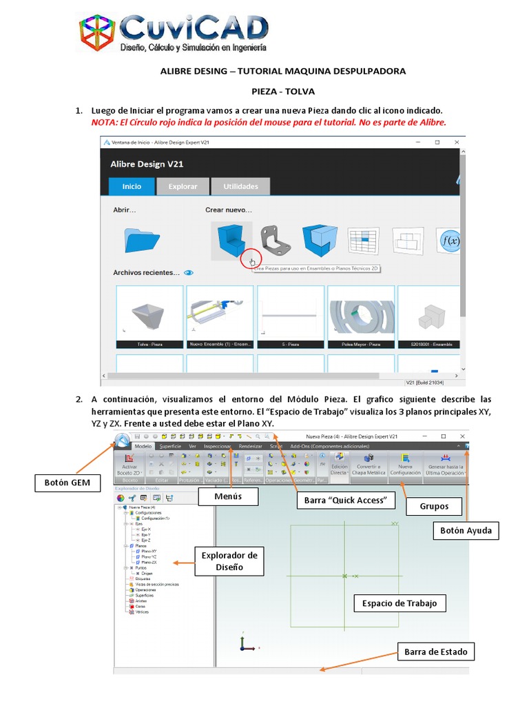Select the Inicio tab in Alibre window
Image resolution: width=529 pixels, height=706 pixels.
click(x=132, y=186)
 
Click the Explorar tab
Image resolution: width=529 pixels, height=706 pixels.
click(x=183, y=186)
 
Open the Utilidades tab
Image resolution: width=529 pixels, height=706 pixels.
click(x=240, y=186)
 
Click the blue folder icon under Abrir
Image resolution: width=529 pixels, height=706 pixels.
click(x=142, y=239)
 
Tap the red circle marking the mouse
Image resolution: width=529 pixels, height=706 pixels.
click(x=251, y=261)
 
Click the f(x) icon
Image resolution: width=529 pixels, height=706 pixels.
click(x=451, y=241)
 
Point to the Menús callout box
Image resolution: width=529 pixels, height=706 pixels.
click(x=227, y=496)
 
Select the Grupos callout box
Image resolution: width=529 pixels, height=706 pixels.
click(x=434, y=506)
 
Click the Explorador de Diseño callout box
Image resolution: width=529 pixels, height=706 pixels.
click(x=229, y=561)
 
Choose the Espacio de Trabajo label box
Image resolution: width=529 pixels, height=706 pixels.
click(x=400, y=603)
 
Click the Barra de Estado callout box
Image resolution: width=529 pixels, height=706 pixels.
click(x=435, y=652)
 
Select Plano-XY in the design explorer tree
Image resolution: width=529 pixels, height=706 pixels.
click(x=149, y=551)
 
